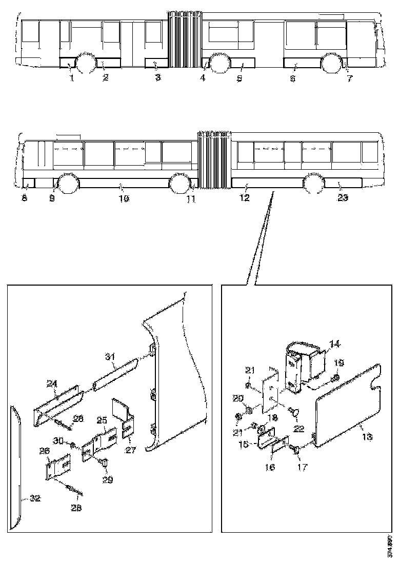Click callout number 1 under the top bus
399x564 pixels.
point(72,77)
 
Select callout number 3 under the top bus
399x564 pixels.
point(158,77)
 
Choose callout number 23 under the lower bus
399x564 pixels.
point(343,197)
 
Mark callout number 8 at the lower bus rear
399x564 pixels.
point(24,197)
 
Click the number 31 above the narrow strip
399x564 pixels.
point(108,356)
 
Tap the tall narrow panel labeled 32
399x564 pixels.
point(14,461)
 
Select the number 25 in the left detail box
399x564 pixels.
point(102,420)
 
